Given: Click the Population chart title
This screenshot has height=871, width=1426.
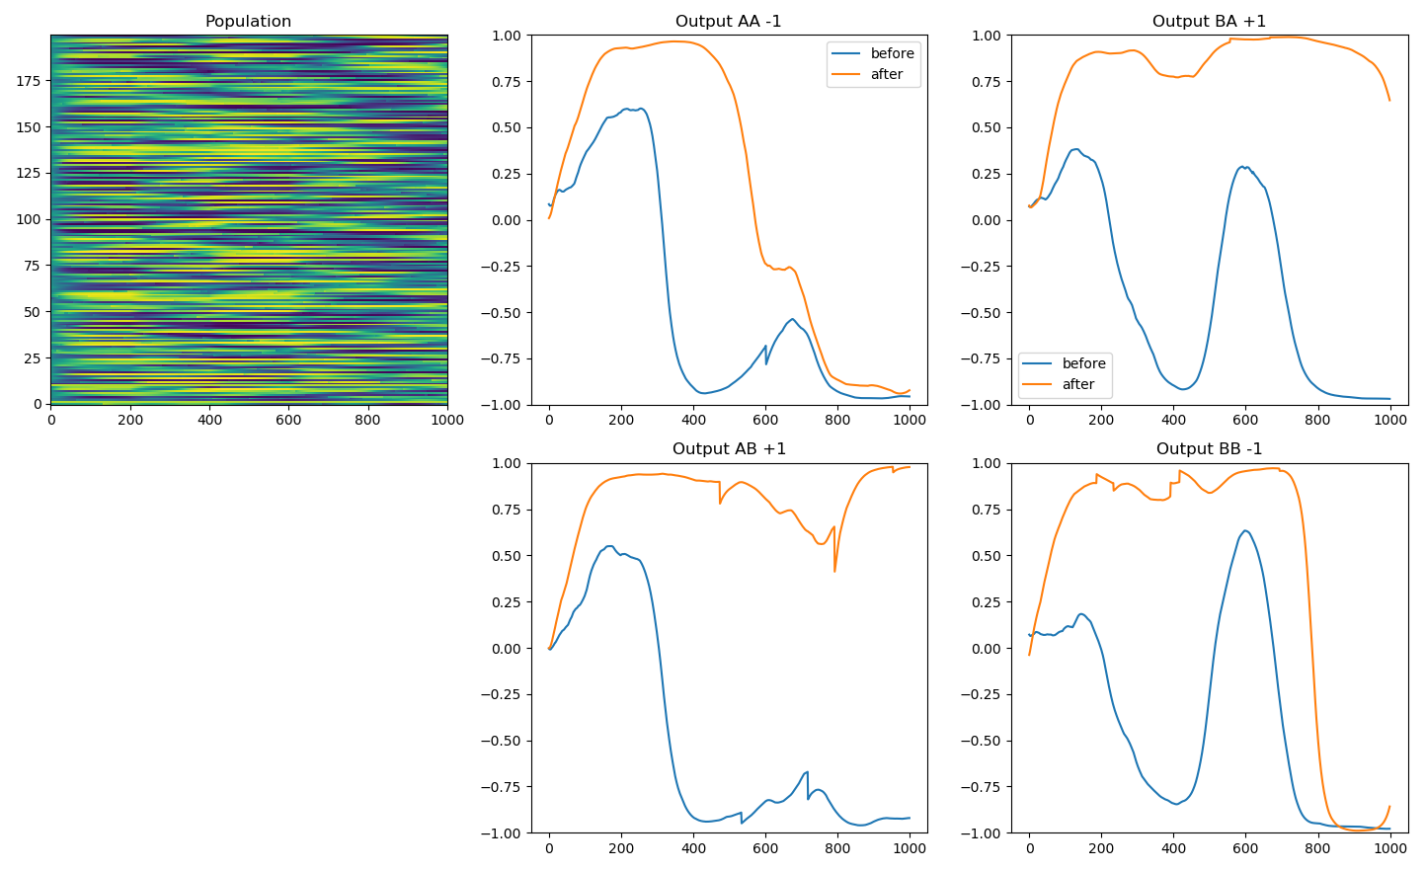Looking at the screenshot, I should pyautogui.click(x=248, y=22).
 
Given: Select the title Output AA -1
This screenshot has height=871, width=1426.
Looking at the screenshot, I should pyautogui.click(x=728, y=22).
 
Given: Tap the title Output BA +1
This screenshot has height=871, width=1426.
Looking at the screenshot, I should pyautogui.click(x=1209, y=22).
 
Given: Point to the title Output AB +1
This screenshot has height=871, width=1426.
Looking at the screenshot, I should pyautogui.click(x=729, y=449).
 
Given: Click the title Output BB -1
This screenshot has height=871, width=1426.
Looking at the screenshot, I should pyautogui.click(x=1209, y=449).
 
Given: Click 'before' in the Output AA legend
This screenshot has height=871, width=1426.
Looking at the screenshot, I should pyautogui.click(x=892, y=53).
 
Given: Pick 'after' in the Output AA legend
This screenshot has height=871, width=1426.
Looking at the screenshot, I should pyautogui.click(x=887, y=74).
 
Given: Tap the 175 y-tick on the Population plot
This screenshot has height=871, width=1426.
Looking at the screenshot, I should pyautogui.click(x=29, y=81).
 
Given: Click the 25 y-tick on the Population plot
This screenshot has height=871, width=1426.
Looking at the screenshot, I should pyautogui.click(x=33, y=357).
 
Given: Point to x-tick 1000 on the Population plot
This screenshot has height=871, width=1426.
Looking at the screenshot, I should pyautogui.click(x=447, y=420).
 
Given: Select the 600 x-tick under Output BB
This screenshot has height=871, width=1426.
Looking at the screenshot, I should pyautogui.click(x=1245, y=848).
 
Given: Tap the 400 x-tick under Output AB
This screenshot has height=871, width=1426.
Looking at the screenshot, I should pyautogui.click(x=693, y=848).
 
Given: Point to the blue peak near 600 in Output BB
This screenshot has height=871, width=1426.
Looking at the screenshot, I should pyautogui.click(x=1245, y=531).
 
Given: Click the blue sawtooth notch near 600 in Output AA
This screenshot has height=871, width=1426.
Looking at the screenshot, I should pyautogui.click(x=766, y=363).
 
